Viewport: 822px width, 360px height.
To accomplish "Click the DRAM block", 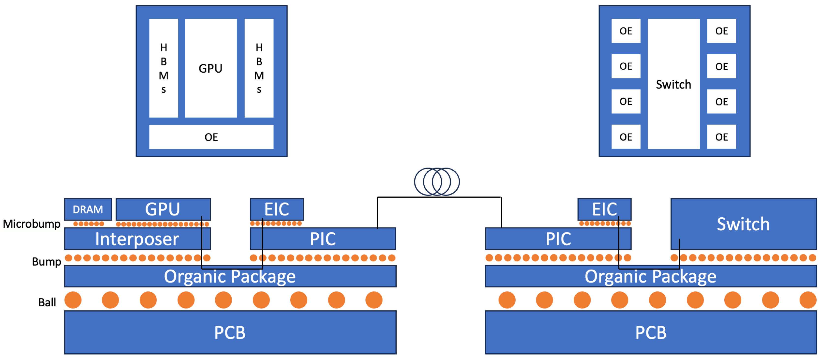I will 88,209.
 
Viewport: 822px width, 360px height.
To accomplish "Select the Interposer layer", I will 137,239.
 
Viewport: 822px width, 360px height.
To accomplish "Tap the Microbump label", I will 31,224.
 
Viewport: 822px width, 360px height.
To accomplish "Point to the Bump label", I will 46,262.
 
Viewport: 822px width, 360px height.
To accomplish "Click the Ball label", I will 47,302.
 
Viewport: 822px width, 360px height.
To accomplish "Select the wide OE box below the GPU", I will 211,137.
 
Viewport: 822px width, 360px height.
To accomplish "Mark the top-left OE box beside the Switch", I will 626,31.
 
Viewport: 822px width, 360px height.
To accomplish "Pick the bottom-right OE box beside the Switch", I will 721,137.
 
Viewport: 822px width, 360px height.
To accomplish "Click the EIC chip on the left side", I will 277,209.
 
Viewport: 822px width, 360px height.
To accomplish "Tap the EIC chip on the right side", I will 604,209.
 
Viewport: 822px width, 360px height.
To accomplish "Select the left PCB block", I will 230,332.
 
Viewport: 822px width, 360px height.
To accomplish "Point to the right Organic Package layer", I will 650,276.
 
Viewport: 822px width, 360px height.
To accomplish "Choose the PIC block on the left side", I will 323,239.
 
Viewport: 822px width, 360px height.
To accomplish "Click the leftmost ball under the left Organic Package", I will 73,300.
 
